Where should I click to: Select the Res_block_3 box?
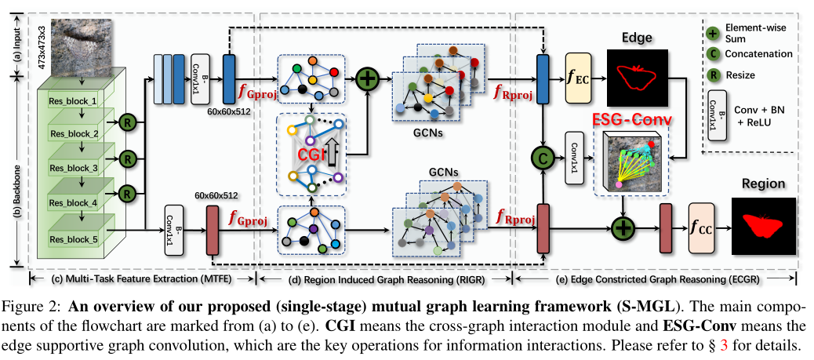[73, 167]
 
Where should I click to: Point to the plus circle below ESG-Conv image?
[623, 228]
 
